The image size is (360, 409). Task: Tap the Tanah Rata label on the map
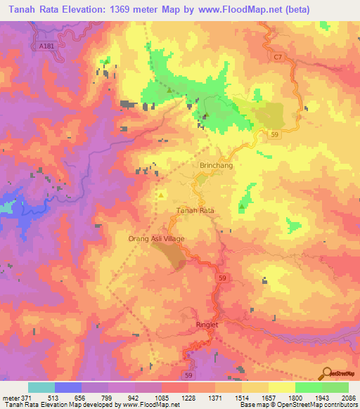(x=195, y=210)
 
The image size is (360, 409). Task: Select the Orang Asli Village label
(x=156, y=239)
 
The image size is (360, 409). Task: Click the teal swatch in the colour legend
(x=41, y=387)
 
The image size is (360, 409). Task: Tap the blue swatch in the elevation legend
(x=68, y=387)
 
